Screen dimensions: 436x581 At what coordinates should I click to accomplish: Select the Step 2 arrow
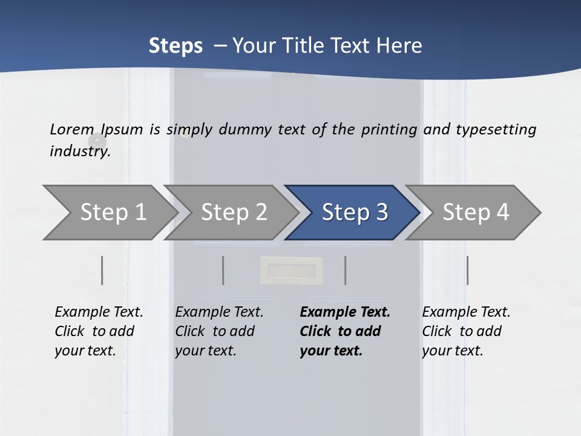tap(233, 212)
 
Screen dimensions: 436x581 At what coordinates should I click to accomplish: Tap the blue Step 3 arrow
tap(354, 212)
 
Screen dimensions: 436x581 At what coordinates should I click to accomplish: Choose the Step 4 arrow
tap(475, 212)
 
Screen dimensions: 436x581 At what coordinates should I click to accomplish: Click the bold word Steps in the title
tap(176, 45)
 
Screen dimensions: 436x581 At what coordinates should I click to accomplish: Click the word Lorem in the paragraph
tap(71, 129)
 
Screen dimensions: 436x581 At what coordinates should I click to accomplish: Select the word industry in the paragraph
tap(79, 151)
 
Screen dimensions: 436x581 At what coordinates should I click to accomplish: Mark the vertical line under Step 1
tap(102, 270)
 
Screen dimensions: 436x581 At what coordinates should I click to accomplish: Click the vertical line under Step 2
tap(223, 270)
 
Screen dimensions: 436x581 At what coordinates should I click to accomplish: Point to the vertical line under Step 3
tap(345, 270)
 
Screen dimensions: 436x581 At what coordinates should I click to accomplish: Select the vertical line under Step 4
tap(467, 270)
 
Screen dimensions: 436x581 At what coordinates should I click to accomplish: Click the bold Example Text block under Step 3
tap(344, 331)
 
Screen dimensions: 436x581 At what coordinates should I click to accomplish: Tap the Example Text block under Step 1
tap(98, 331)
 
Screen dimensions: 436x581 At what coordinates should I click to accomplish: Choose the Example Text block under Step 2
tap(218, 331)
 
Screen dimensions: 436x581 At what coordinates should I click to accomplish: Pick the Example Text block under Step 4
tap(465, 331)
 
